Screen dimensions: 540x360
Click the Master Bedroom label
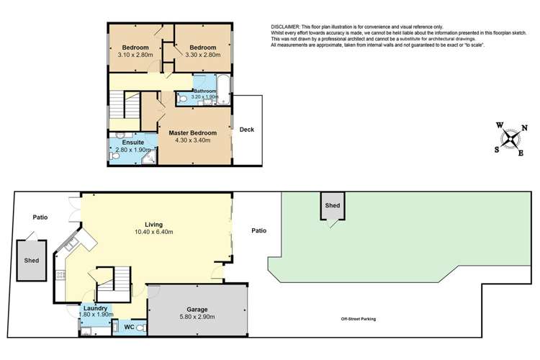pyautogui.click(x=192, y=133)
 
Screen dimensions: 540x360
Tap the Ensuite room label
pyautogui.click(x=133, y=143)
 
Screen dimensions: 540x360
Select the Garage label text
pyautogui.click(x=197, y=310)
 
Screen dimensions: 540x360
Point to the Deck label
pyautogui.click(x=246, y=130)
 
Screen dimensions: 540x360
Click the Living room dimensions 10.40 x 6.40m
pyautogui.click(x=153, y=232)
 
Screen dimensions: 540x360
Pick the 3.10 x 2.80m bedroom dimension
pyautogui.click(x=135, y=55)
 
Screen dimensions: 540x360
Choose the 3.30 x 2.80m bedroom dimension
pyautogui.click(x=203, y=55)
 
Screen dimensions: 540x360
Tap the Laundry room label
pyautogui.click(x=95, y=308)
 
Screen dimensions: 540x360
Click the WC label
pyautogui.click(x=129, y=327)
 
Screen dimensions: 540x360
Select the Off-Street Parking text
pyautogui.click(x=358, y=319)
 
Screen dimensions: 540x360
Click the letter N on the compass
pyautogui.click(x=524, y=128)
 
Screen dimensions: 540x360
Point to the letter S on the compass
pyautogui.click(x=497, y=150)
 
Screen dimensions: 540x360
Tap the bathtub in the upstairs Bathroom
pyautogui.click(x=223, y=89)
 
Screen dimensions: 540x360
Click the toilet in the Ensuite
pyautogui.click(x=114, y=156)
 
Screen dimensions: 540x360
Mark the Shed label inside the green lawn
pyautogui.click(x=333, y=205)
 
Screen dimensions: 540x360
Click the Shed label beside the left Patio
pyautogui.click(x=32, y=261)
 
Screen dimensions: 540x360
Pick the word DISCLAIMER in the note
pyautogui.click(x=286, y=27)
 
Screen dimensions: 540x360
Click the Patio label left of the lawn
pyautogui.click(x=258, y=230)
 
